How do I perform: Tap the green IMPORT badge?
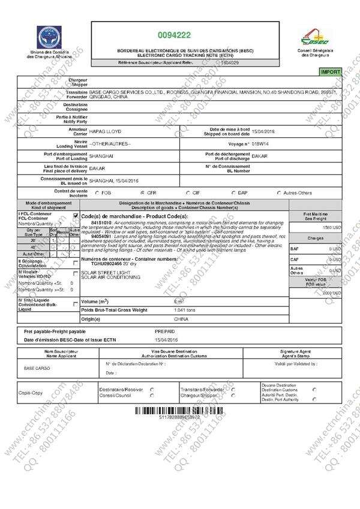pos(331,71)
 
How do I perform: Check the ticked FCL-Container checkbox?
pos(76,215)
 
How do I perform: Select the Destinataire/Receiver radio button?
pos(152,389)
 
